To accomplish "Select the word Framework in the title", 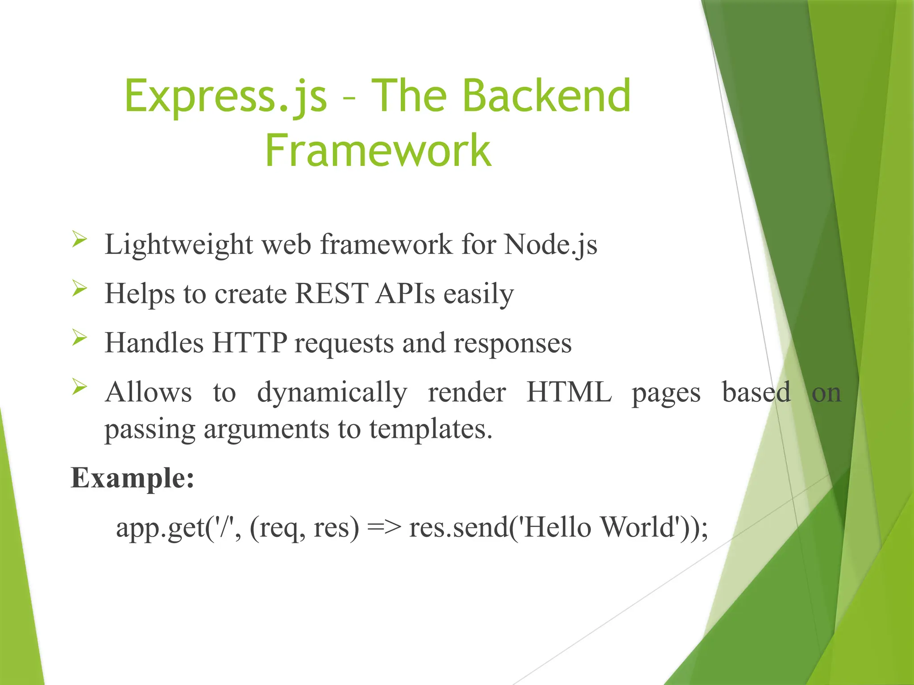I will (378, 151).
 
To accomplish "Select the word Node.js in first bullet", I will (550, 245).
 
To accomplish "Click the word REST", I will (332, 294).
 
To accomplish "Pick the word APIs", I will (405, 294).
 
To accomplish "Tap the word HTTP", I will (249, 343).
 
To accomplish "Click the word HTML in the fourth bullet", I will (569, 392).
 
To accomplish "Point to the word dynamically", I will (332, 393).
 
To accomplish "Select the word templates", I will (431, 429).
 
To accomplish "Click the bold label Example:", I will (133, 478).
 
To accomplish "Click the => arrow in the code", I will (384, 528).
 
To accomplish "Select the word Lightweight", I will (179, 245).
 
